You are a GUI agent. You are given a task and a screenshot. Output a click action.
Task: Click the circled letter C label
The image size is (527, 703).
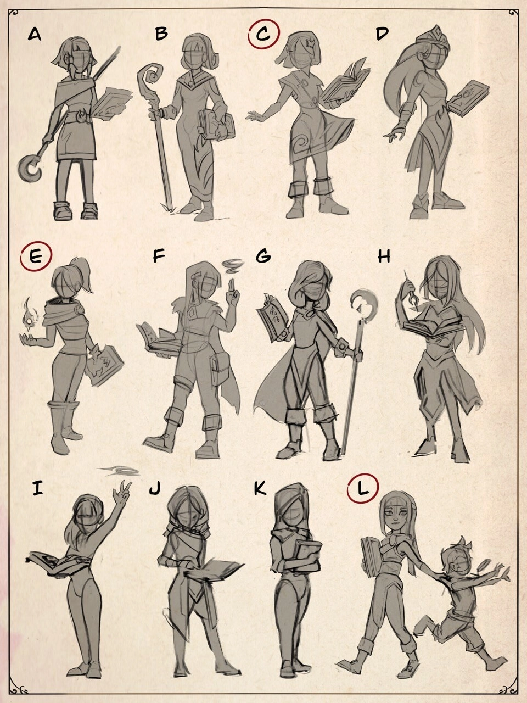[x=263, y=34]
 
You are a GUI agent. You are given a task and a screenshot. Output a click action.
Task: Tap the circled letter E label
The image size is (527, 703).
[x=36, y=256]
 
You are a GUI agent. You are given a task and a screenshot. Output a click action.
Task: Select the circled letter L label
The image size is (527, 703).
[x=362, y=489]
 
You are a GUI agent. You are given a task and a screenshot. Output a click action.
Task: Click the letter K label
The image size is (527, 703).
[x=260, y=488]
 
